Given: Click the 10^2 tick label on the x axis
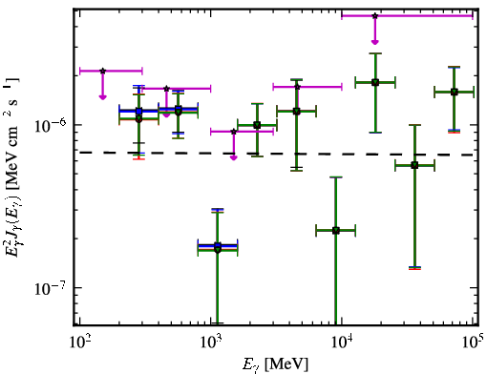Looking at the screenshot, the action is tap(79, 342).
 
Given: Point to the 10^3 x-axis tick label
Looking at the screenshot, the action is tap(210, 342).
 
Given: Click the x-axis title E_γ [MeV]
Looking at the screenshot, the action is tap(275, 364).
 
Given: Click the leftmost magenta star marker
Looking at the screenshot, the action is tap(102, 71).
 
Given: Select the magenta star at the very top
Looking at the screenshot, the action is tap(375, 15).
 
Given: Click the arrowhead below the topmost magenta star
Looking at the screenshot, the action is tap(375, 42).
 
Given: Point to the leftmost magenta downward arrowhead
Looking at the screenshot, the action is tap(102, 97).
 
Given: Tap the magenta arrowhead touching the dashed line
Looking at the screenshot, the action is tap(234, 157).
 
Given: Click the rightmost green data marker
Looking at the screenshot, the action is tap(455, 93).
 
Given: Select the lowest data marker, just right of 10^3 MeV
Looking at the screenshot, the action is tap(218, 248).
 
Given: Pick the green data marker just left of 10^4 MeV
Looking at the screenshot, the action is tap(336, 231).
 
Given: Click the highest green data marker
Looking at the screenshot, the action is tap(375, 82).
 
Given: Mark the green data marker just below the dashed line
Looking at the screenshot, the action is tap(414, 165).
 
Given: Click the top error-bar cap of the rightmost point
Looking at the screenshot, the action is tap(455, 67).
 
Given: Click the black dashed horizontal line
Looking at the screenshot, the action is tap(276, 154).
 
